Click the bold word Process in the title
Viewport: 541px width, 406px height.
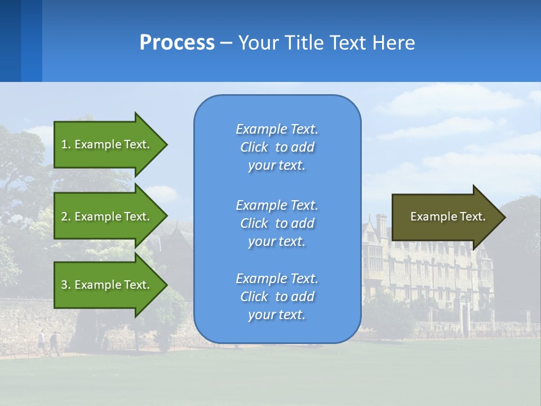tap(177, 43)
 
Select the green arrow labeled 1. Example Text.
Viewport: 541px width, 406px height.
tap(107, 144)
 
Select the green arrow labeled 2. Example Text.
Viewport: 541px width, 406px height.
tap(107, 217)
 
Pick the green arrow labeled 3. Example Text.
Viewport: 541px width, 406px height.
tap(107, 285)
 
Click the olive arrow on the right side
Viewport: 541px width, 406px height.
tap(445, 217)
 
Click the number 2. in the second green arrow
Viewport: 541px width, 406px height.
tap(66, 217)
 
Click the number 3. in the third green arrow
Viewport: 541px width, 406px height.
tap(66, 285)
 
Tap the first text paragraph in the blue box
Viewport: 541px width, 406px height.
tap(277, 147)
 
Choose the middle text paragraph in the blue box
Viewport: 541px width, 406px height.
tap(277, 223)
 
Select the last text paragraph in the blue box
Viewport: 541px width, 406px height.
tap(277, 297)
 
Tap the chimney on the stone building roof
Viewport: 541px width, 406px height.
tap(382, 223)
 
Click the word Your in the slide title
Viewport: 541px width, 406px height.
tap(259, 43)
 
